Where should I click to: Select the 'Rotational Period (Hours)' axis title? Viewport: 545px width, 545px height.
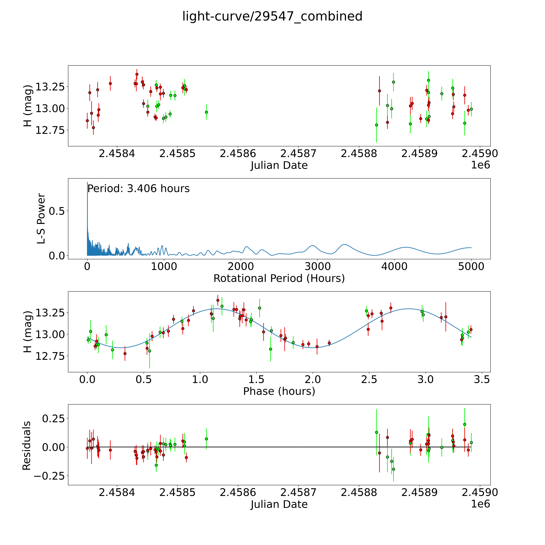[279, 278]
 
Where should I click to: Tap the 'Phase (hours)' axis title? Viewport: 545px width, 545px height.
[279, 391]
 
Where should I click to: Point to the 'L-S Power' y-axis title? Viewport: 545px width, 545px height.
[41, 219]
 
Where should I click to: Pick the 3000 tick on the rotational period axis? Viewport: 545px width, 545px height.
[318, 267]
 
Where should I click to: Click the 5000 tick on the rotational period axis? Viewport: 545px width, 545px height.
[471, 267]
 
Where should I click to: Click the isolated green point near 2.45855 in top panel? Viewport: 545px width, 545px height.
[206, 112]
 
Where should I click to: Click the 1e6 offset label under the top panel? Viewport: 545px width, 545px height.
[480, 165]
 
